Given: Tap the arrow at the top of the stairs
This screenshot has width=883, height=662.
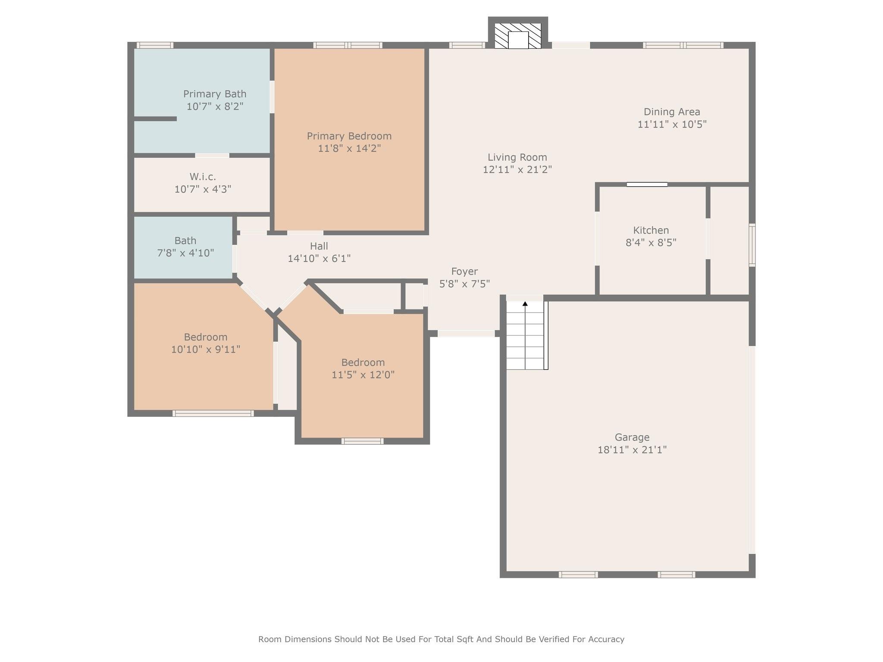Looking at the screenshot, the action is click(525, 304).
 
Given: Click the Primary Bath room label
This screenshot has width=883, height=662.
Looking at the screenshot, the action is click(215, 94).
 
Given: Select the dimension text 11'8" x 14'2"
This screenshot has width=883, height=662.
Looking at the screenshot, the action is click(349, 149).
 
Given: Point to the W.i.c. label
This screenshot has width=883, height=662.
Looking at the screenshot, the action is click(203, 177).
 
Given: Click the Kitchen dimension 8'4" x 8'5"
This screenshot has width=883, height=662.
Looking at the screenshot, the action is click(651, 243).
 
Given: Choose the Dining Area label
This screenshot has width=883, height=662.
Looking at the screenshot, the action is click(672, 112).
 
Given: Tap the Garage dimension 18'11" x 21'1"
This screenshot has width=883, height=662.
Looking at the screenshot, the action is click(632, 450).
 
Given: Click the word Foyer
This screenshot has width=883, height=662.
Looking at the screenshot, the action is click(464, 272).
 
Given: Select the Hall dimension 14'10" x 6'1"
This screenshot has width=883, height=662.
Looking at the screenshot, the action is click(319, 259).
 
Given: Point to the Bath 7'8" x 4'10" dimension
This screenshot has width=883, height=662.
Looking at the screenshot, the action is click(185, 253).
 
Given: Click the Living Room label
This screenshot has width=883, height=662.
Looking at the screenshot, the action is click(517, 157).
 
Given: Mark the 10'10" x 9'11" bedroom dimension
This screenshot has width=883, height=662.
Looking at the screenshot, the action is click(206, 350).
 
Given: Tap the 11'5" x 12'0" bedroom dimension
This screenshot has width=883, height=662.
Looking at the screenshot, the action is click(363, 375).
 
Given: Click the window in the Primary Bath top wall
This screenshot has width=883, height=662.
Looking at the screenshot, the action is click(155, 45).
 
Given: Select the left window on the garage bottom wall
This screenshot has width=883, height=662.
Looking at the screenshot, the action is click(578, 575).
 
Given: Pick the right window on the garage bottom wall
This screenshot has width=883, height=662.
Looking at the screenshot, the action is click(676, 575).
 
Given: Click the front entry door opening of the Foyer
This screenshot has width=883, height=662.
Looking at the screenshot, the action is click(466, 333).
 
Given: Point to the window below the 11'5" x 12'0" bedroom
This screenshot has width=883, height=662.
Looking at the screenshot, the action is click(362, 441).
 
